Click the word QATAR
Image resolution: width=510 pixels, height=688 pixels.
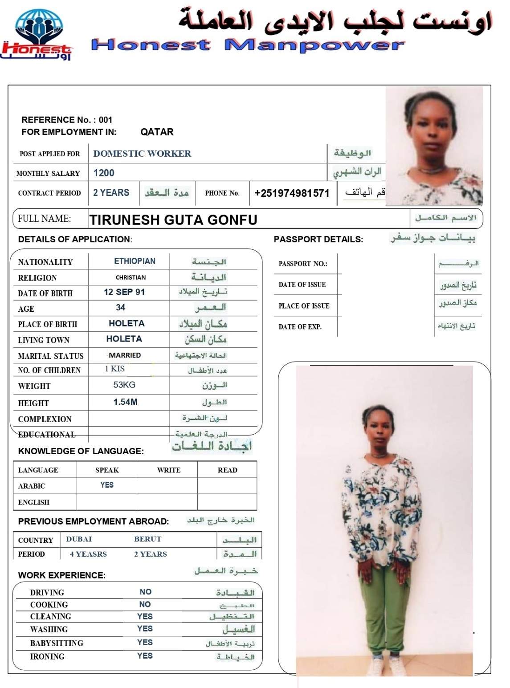[157, 132]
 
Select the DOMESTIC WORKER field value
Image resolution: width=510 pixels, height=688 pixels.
[142, 154]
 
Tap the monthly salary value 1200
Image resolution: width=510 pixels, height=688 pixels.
[104, 173]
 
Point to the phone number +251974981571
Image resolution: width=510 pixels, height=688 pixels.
[292, 193]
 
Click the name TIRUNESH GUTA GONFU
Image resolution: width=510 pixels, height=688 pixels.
[173, 220]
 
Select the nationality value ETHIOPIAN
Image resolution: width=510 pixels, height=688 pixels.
[135, 261]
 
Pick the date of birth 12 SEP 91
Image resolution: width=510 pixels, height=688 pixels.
[124, 292]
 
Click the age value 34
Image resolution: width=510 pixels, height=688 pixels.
[120, 308]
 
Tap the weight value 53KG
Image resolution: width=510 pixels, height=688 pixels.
[124, 385]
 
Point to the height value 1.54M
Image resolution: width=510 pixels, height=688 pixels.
[125, 402]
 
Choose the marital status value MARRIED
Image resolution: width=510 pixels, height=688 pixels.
[125, 355]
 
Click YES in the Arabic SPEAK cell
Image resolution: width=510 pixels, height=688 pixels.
[107, 485]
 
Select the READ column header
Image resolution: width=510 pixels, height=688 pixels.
[227, 470]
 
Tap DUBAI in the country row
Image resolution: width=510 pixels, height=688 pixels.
[79, 539]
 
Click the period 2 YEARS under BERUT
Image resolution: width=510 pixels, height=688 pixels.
[151, 554]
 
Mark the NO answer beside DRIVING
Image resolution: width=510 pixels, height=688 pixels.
[145, 592]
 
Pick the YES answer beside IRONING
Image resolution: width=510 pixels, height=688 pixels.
[145, 656]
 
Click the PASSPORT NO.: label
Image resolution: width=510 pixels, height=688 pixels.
[303, 264]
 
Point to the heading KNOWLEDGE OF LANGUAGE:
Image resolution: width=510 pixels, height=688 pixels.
[81, 451]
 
